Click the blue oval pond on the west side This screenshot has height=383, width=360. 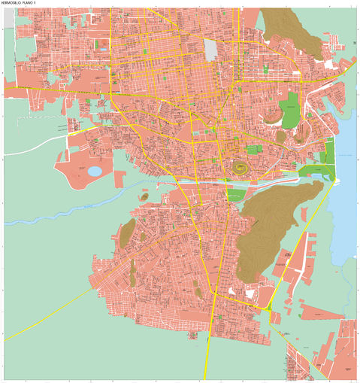pos(95,171)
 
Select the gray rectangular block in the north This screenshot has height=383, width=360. pos(210,50)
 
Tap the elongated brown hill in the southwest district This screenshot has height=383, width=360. pos(127,234)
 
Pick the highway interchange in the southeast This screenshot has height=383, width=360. pos(269,307)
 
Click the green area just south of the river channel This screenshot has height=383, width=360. pos(236,194)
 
